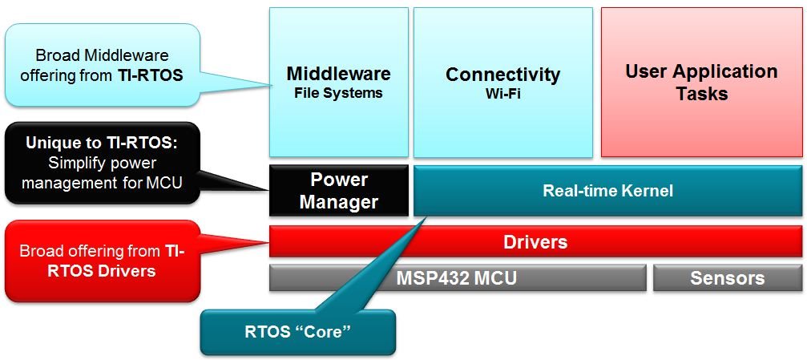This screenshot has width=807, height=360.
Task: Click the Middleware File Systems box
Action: (338, 82)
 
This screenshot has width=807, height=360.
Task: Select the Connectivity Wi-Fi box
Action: (502, 82)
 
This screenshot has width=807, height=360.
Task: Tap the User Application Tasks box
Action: (701, 82)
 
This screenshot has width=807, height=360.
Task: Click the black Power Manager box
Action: (338, 191)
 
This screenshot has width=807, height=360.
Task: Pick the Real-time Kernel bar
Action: (607, 191)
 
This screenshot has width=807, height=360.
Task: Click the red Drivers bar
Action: (535, 241)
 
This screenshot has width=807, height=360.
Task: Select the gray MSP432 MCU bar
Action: (457, 278)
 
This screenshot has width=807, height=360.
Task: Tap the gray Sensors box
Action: (727, 278)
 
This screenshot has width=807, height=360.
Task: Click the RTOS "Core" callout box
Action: (298, 331)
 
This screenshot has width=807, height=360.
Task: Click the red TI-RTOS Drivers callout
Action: (101, 261)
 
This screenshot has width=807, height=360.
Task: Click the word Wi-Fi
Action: (502, 94)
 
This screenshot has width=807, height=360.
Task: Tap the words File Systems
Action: (338, 93)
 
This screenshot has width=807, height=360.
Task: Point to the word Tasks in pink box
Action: (701, 94)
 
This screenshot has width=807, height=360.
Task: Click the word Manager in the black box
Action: (338, 201)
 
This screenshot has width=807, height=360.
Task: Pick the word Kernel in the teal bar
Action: (645, 191)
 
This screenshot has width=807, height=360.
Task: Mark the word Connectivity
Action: (502, 75)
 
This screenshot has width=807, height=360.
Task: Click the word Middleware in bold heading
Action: (338, 75)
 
